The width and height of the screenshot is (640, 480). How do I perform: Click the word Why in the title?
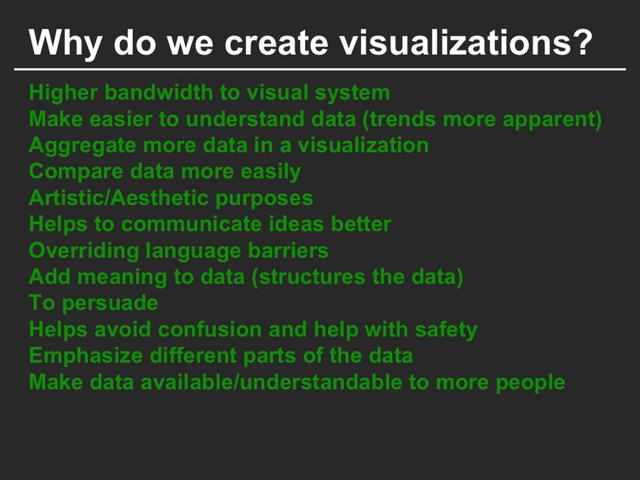pos(65,43)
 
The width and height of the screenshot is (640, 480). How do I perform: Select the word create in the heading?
pos(277,43)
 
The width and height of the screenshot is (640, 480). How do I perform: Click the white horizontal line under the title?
pos(320,69)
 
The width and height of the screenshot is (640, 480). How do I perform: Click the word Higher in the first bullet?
pos(63,93)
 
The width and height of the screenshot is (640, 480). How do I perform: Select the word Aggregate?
pos(82,146)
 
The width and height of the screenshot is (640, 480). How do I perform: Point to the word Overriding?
pos(84,251)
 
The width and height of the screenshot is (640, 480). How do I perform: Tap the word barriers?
pos(288,250)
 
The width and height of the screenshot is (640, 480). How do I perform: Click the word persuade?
pos(110,304)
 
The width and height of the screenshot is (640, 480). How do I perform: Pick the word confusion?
pos(209,329)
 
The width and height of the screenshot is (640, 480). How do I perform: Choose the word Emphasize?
pos(85,356)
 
